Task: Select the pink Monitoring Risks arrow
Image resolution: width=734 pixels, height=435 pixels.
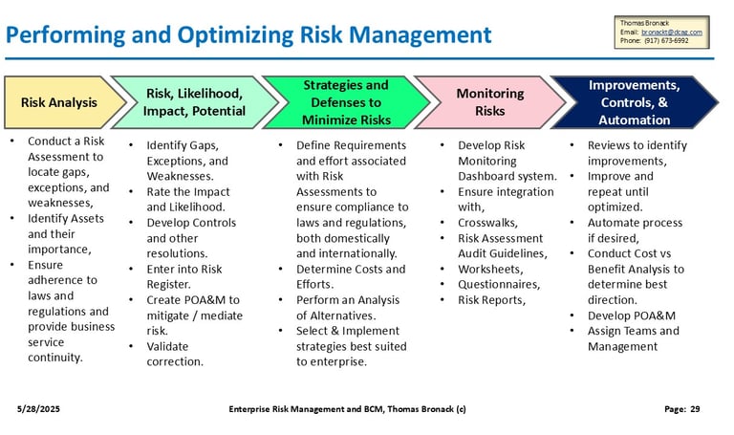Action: tap(489, 102)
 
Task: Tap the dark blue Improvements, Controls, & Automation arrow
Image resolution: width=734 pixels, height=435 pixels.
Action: tap(635, 102)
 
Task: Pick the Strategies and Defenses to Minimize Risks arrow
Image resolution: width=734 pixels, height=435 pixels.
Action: tap(346, 102)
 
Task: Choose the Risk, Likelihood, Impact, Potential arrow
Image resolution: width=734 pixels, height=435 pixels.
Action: tap(194, 102)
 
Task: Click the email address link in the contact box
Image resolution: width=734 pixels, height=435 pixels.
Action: tap(672, 33)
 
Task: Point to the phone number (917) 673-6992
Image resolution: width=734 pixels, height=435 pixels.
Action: tap(666, 41)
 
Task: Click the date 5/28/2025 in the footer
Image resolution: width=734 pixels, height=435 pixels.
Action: tap(38, 409)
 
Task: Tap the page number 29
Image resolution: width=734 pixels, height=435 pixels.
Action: tap(695, 409)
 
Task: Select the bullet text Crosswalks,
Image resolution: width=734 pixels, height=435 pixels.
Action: tap(487, 223)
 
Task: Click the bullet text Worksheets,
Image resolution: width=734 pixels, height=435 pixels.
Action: tap(490, 270)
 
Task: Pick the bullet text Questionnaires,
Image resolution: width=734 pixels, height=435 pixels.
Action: tap(499, 285)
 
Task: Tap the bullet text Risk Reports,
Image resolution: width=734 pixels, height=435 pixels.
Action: tap(491, 300)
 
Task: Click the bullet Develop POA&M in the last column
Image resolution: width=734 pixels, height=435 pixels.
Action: tap(632, 315)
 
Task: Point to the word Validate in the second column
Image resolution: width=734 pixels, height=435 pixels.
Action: tap(167, 346)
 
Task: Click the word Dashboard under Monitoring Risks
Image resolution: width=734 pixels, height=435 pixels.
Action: tap(483, 177)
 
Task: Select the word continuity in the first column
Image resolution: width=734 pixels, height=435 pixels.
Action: tap(54, 358)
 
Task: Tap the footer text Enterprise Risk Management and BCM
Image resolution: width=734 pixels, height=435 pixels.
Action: tap(307, 409)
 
